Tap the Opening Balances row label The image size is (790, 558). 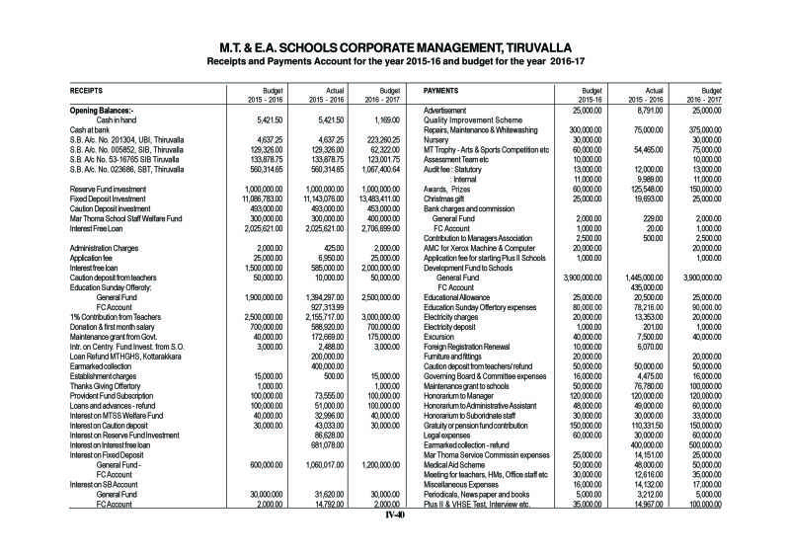tap(103, 109)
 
